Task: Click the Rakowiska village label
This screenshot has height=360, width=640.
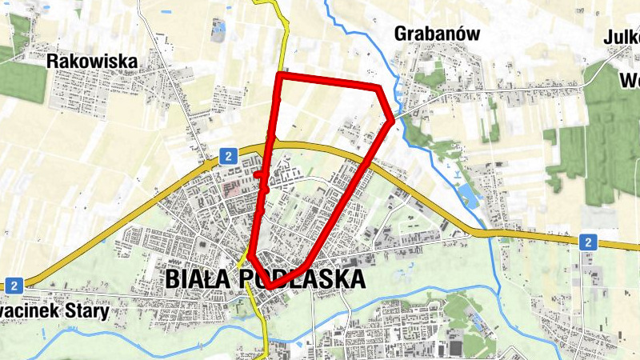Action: [x=92, y=61]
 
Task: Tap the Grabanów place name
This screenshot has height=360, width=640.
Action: [x=437, y=34]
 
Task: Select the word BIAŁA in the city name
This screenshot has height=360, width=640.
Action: [x=198, y=278]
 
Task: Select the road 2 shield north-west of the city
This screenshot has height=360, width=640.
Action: [x=228, y=156]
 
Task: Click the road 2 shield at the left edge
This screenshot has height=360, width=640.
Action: [x=14, y=285]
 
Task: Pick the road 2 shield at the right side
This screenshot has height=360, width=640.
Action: [x=588, y=242]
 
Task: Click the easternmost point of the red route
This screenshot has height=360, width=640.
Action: [x=392, y=121]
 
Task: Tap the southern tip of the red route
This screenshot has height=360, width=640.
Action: [x=271, y=286]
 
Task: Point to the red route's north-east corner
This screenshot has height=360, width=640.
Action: [x=378, y=86]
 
